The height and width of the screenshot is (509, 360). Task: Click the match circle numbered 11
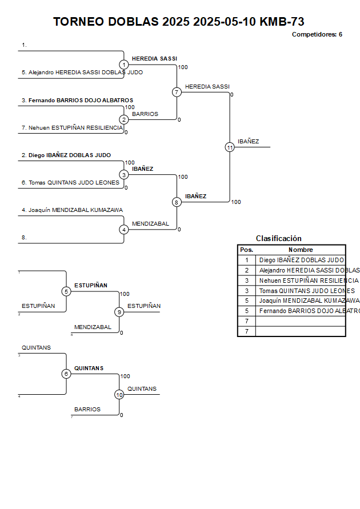click(230, 147)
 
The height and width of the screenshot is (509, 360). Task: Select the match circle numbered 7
click(177, 92)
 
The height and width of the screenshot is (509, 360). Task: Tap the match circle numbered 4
click(124, 230)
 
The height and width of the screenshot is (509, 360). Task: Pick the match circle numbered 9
click(119, 312)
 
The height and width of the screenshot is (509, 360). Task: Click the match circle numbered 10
click(119, 395)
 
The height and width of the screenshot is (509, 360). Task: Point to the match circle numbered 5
click(66, 291)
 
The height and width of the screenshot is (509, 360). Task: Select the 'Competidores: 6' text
click(317, 34)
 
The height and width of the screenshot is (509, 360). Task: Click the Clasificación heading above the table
click(279, 238)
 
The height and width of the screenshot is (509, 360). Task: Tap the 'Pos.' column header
click(246, 250)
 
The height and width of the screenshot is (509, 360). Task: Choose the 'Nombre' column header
click(301, 250)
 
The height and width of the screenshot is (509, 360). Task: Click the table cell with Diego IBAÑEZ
click(301, 260)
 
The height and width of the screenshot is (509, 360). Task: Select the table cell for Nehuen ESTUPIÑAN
click(301, 280)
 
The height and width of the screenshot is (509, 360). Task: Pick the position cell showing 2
click(246, 270)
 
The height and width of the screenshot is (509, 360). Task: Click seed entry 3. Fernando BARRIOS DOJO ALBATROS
click(77, 101)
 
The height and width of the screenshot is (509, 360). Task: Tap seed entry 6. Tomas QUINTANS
click(71, 183)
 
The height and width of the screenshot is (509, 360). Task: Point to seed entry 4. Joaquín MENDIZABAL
click(72, 210)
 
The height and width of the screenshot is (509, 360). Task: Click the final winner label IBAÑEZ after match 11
click(249, 142)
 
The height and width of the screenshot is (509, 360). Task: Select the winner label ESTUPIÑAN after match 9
click(144, 306)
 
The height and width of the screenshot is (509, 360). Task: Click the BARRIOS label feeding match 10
click(87, 410)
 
